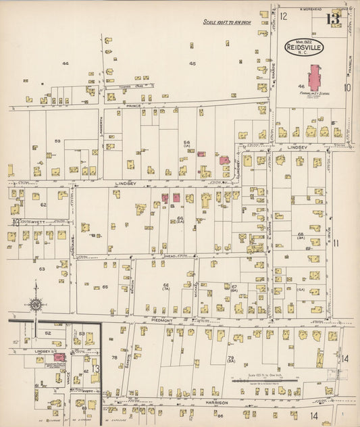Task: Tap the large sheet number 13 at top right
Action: point(332,18)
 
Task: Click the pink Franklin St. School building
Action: point(315,77)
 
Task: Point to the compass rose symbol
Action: point(36,303)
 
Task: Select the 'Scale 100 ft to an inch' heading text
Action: point(226,22)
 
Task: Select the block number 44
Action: point(66,64)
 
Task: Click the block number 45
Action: point(192,64)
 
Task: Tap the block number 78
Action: point(114,357)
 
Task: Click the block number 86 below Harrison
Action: point(220,415)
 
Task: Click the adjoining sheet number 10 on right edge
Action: point(347,86)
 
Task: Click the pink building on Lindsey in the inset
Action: point(59,357)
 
